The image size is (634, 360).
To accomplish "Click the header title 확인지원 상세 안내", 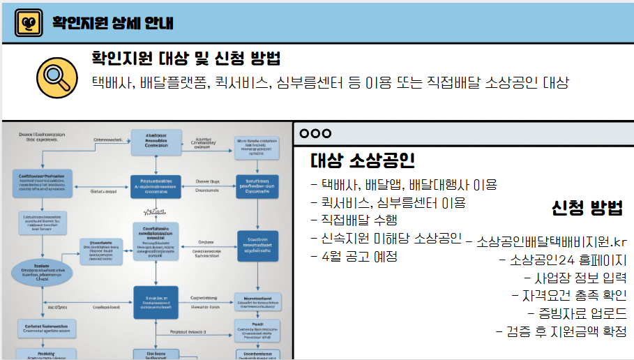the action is point(112,24).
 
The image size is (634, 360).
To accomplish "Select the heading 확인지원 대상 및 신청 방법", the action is point(186,58).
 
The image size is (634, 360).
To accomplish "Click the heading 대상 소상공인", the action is point(363,161).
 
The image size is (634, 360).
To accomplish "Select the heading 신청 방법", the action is point(587,207).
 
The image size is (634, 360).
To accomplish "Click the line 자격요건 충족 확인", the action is point(573,295).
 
